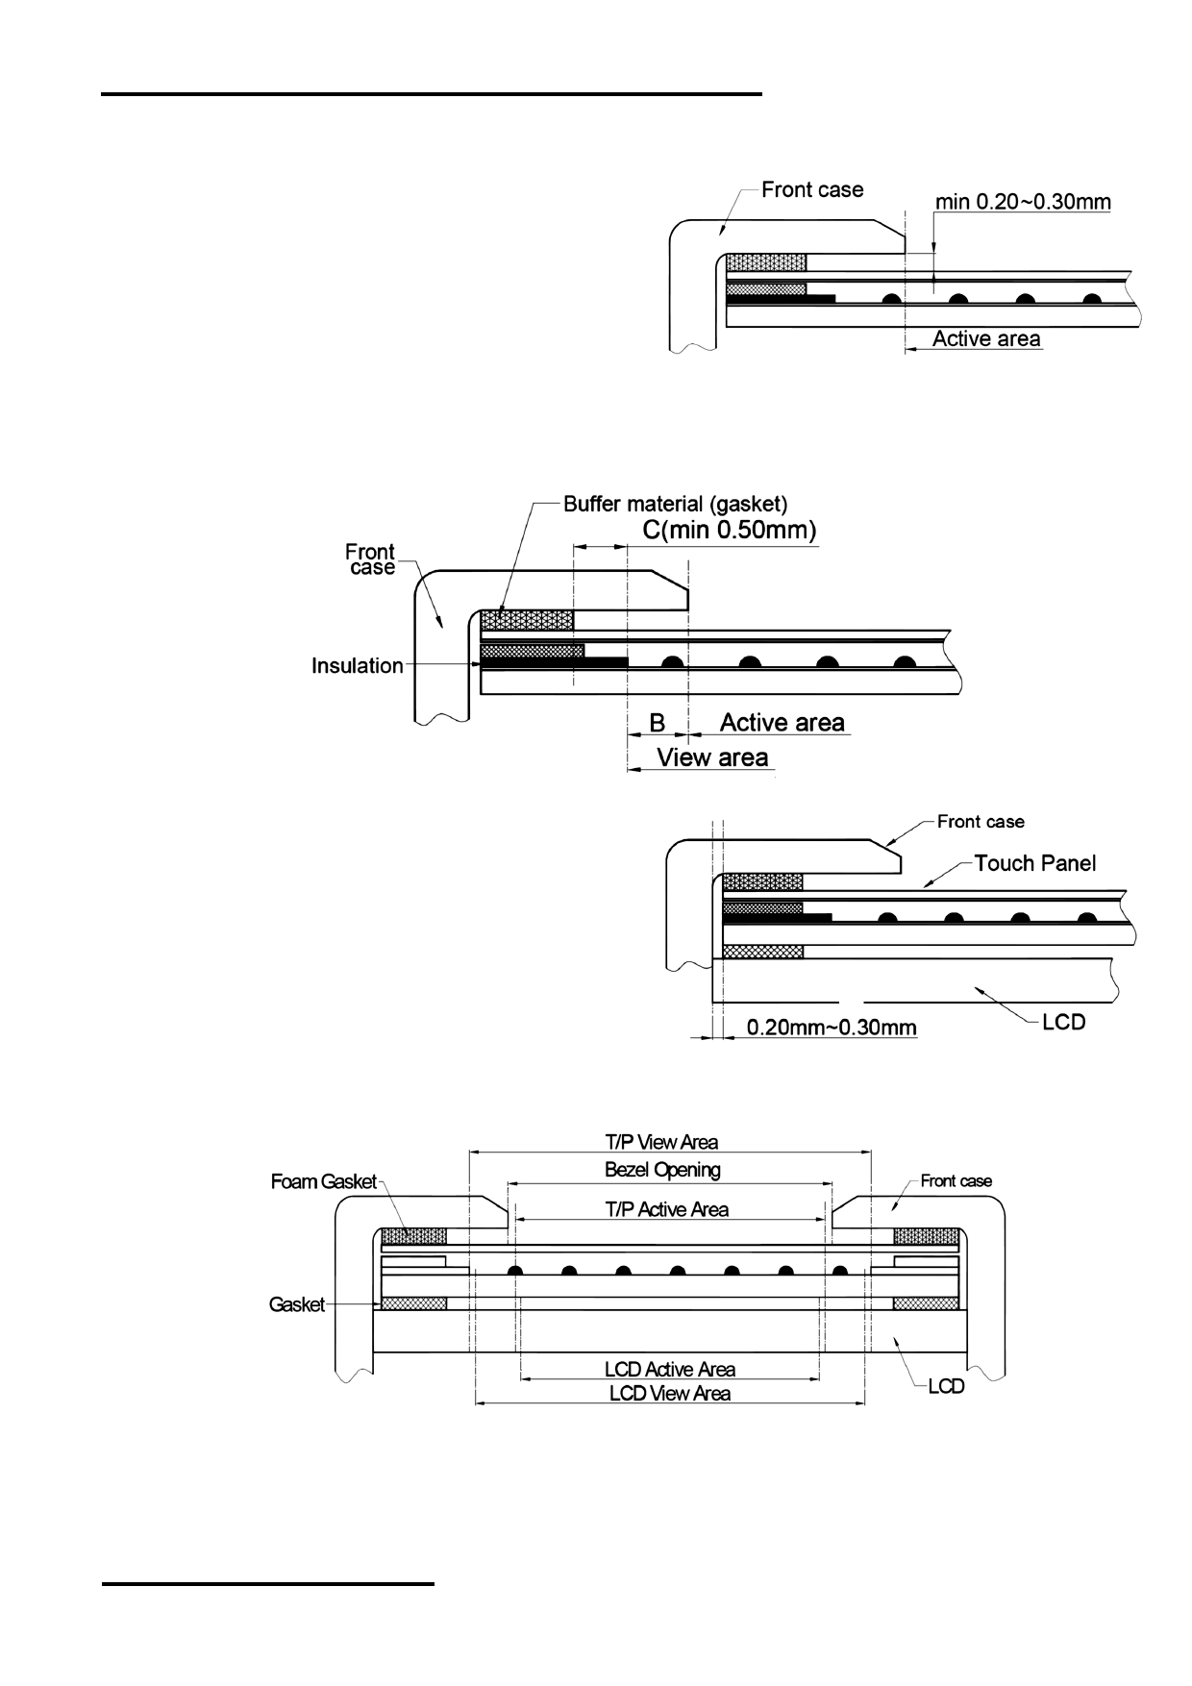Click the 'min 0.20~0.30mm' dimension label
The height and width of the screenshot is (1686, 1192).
tap(1023, 202)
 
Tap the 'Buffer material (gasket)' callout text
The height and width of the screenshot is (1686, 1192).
tap(676, 504)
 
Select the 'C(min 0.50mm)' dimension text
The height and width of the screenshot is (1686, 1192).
tap(730, 530)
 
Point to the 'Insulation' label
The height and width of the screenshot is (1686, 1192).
tap(358, 665)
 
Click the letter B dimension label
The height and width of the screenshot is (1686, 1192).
tap(658, 723)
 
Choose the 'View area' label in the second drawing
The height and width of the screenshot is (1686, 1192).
tap(712, 757)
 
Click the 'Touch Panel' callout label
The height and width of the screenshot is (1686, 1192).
tap(1035, 863)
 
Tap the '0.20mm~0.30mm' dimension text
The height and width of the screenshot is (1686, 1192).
tap(832, 1028)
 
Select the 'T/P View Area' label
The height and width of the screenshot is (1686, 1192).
tap(661, 1142)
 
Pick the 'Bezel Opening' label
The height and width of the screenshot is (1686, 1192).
tap(662, 1170)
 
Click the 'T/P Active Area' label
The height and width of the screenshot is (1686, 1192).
tap(667, 1209)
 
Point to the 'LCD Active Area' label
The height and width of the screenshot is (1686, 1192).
tap(670, 1369)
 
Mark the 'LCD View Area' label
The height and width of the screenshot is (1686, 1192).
tap(670, 1393)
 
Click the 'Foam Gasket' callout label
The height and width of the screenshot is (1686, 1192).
tap(324, 1181)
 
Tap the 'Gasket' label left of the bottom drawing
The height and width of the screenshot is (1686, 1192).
tap(297, 1304)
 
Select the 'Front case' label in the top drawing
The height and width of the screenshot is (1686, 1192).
tap(812, 189)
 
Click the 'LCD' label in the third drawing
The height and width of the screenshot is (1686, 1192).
tap(1064, 1022)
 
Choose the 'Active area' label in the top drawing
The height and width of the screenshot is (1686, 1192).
tap(986, 338)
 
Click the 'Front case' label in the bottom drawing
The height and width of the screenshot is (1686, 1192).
tap(956, 1180)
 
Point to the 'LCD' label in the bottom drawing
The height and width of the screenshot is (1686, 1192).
tap(946, 1386)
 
